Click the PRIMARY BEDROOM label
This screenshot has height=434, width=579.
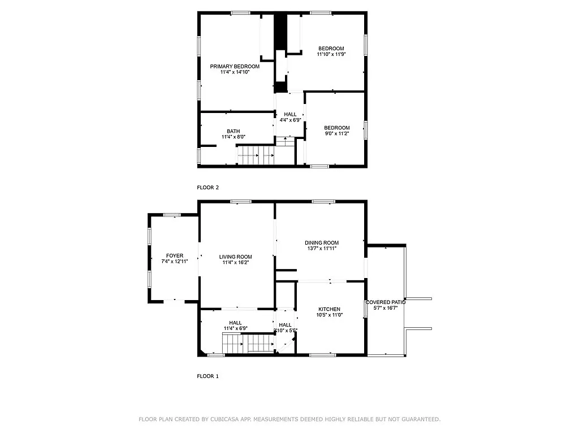tap(235, 66)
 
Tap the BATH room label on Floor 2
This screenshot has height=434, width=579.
tap(233, 131)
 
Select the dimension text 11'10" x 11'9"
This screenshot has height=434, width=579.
tap(331, 54)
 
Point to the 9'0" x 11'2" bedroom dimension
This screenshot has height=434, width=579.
tap(336, 134)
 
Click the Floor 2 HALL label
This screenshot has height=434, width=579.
tap(290, 114)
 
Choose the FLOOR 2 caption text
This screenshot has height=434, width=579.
tap(208, 187)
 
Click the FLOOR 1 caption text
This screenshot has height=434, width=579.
tap(208, 376)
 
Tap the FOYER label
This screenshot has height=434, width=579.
tap(174, 255)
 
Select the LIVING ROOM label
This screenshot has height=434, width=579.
tap(235, 257)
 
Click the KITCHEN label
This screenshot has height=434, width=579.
tap(329, 309)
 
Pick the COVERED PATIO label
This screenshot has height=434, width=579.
tap(386, 302)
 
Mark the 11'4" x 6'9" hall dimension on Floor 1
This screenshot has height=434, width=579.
tap(235, 328)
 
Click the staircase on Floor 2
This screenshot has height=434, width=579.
tap(255, 155)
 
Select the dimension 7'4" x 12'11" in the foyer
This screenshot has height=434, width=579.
tap(174, 262)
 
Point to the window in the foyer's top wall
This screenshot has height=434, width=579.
tap(172, 214)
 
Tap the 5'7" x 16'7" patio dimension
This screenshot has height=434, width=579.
tap(386, 308)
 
